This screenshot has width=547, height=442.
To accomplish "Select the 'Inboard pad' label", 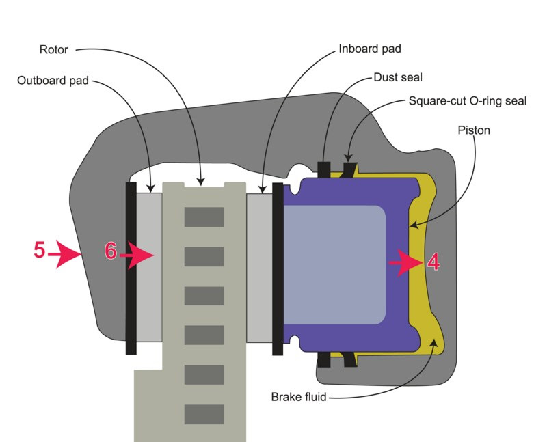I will coord(369,50).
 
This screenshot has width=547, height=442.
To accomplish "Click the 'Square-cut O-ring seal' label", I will coord(467,101).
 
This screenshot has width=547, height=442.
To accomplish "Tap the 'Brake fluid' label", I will coord(298,396).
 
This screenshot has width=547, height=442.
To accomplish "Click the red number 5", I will coord(40,251).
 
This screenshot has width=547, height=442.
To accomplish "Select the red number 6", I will coord(111,251).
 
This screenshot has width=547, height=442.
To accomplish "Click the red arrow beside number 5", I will coord(66,255).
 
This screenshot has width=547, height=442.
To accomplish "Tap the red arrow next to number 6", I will coord(139,255).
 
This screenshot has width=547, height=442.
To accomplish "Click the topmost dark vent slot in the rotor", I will coord(204,217).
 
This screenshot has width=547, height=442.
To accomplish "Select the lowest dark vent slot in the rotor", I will coord(204,414).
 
